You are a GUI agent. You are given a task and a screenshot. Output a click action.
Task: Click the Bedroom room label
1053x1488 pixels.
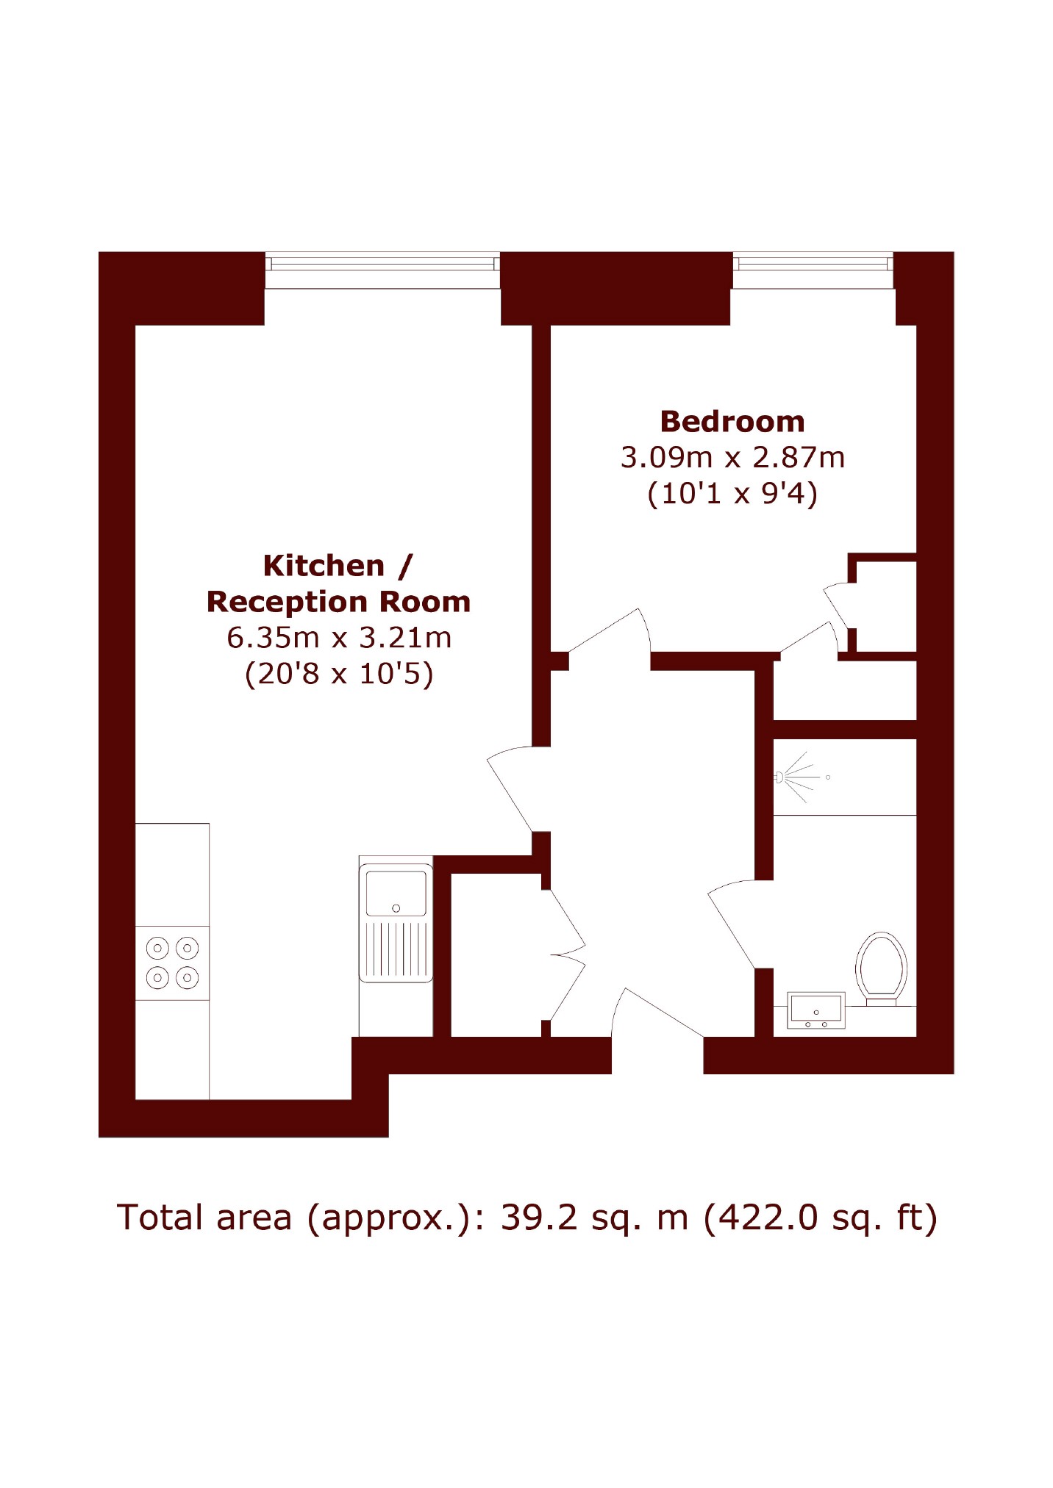732,422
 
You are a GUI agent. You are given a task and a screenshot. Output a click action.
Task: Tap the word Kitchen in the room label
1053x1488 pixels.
324,566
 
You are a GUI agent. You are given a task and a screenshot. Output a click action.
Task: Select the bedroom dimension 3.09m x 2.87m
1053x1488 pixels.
732,457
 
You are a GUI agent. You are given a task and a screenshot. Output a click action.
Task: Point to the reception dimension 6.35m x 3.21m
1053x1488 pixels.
339,637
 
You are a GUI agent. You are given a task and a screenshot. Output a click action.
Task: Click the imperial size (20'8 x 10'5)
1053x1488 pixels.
339,673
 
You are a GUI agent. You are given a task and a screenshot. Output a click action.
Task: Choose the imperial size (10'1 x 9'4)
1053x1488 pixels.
732,493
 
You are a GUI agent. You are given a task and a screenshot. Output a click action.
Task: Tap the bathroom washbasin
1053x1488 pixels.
816,1010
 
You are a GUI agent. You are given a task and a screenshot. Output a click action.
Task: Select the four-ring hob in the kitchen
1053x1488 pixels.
173,963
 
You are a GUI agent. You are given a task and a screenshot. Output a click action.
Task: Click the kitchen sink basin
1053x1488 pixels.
396,893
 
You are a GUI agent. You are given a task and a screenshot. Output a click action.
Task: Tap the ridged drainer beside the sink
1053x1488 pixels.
396,949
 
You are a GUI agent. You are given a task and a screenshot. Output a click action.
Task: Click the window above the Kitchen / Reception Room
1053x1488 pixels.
382,270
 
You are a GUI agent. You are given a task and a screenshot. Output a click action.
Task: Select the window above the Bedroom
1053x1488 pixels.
813,270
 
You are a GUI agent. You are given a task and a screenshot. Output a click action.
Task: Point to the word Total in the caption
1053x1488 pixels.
160,1218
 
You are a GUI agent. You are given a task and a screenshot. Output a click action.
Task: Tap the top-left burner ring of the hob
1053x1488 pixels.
157,948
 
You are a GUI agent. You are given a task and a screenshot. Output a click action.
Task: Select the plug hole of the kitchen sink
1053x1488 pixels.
396,908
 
